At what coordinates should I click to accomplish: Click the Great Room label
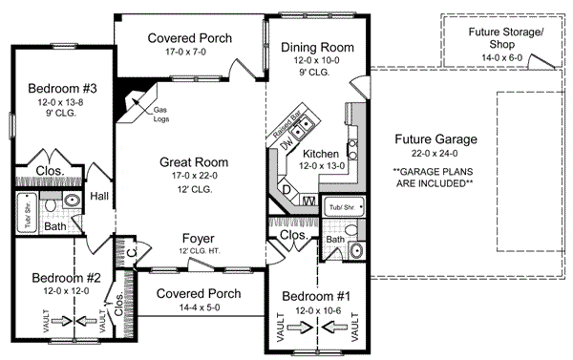coord(188,162)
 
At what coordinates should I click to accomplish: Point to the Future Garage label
coord(435,139)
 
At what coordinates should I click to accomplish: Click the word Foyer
coord(197,238)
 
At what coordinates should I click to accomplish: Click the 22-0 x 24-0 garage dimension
coord(435,155)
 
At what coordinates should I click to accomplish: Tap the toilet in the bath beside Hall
coord(73,203)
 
